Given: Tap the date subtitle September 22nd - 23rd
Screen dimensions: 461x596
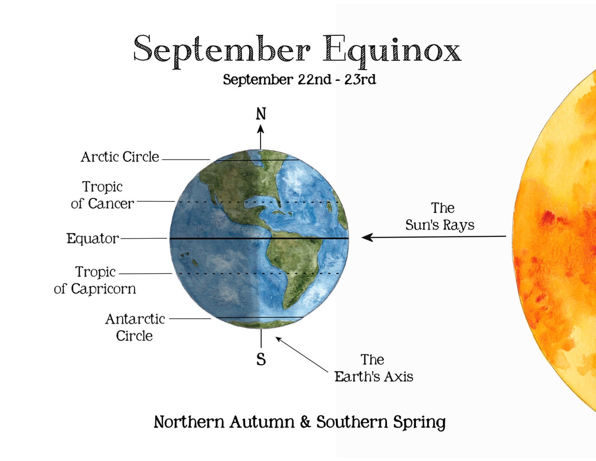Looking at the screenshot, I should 299,80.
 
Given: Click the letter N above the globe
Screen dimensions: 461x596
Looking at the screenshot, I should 261,114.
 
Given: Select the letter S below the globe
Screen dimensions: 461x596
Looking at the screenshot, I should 261,360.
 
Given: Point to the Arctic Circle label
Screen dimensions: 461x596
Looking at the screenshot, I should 120,157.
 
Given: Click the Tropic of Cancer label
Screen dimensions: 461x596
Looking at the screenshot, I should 102,195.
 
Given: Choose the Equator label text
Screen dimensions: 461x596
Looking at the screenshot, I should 92,239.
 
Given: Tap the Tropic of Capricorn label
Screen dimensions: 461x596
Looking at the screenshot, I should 95,280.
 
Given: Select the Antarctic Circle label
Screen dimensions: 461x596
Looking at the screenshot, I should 135,327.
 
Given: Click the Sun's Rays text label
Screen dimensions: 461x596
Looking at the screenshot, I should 440,216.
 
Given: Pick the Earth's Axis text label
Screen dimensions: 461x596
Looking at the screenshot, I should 374,368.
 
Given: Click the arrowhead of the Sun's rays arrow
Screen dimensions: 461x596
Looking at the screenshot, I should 367,237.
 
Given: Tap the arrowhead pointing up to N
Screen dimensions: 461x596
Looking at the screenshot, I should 260,129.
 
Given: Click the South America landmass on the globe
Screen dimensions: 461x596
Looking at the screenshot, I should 298,263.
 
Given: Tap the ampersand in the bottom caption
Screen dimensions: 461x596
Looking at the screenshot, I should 305,422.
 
